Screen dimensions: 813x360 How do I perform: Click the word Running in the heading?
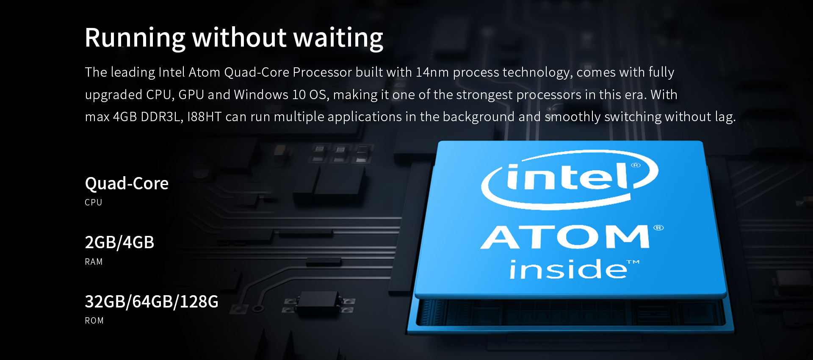(x=135, y=38)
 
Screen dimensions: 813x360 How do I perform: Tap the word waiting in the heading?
(x=338, y=38)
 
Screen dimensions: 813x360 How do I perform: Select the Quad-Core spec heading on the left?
(x=127, y=184)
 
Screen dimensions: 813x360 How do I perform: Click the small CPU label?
(x=94, y=202)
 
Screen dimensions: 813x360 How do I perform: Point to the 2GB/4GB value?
(x=119, y=242)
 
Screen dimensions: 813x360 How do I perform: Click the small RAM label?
(x=94, y=262)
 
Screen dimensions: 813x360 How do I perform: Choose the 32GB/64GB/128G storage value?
(x=152, y=302)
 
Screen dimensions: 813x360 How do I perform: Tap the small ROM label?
(x=94, y=321)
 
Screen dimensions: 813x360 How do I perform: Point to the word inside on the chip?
(x=567, y=269)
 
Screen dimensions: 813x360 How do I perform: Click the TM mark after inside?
(x=633, y=262)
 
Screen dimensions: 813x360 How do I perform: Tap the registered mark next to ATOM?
(x=658, y=228)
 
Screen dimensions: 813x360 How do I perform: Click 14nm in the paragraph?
(x=432, y=72)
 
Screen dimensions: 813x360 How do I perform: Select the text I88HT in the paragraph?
(x=204, y=117)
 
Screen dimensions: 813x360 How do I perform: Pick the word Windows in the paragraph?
(x=261, y=94)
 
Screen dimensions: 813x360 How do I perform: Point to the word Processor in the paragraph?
(x=322, y=72)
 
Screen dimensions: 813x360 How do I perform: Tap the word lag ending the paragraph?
(x=725, y=117)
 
